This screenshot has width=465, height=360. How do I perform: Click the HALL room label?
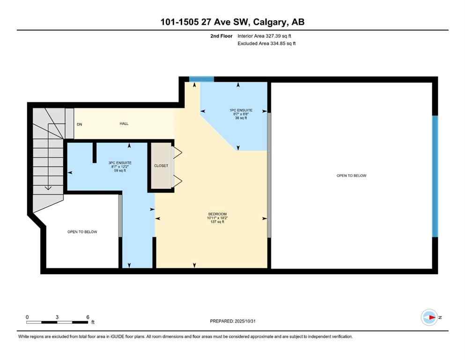(x=124, y=124)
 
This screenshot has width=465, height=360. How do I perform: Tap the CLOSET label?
(x=161, y=166)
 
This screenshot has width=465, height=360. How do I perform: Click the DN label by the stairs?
(x=80, y=124)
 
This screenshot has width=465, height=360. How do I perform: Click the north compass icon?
(x=429, y=317)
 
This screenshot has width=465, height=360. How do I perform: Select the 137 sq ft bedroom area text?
(x=218, y=222)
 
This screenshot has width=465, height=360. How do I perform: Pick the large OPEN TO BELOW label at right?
(x=351, y=176)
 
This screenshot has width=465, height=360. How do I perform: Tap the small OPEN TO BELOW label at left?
(x=82, y=232)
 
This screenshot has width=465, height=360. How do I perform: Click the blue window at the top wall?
(x=201, y=79)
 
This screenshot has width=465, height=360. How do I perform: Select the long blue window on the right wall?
(x=435, y=176)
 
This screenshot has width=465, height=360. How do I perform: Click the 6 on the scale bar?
(x=88, y=317)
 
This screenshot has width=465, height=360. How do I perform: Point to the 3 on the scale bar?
(x=57, y=317)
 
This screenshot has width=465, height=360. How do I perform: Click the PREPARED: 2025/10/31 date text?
(x=233, y=321)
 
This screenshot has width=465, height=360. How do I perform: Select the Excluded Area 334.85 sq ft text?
(x=266, y=44)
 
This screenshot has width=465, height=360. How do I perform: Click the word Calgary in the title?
(x=271, y=22)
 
